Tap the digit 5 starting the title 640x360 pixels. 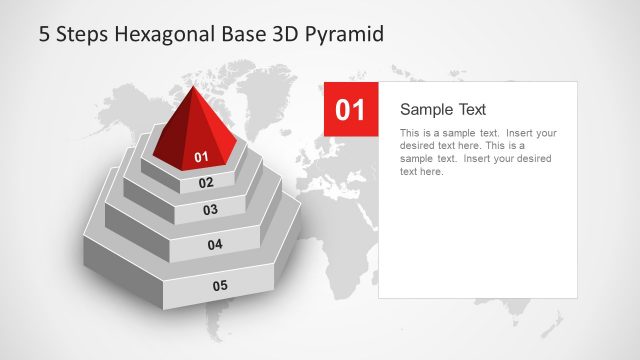[44, 34]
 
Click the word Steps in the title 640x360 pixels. [83, 34]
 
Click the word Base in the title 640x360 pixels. [240, 34]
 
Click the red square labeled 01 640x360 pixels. [351, 110]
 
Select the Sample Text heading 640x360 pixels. [442, 109]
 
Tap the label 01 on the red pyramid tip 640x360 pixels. [201, 157]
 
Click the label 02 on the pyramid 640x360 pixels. [206, 183]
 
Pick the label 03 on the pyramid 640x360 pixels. [210, 210]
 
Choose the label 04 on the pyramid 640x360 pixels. [215, 245]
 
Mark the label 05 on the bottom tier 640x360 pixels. [220, 286]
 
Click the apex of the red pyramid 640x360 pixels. [193, 88]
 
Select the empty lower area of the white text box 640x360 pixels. [477, 240]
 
